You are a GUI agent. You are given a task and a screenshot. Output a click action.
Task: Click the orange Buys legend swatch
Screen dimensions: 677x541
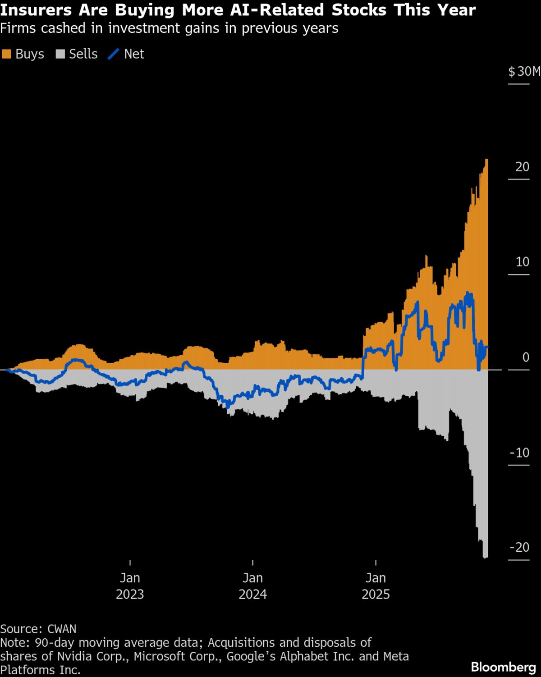pos(6,54)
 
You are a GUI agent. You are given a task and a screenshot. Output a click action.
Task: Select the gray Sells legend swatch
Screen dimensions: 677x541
pos(60,54)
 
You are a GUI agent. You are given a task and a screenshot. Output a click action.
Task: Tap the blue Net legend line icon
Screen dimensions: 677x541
pos(113,54)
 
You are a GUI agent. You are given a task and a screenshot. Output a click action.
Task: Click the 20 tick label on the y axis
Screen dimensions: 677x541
pos(522,167)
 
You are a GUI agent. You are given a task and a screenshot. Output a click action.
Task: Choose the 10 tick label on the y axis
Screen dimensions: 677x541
pos(522,262)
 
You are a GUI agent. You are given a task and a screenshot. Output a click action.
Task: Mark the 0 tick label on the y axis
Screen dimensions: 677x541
pos(526,357)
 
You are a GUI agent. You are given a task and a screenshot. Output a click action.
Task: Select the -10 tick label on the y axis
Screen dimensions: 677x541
pos(519,453)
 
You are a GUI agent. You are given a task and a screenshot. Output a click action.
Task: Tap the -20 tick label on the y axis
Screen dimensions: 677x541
pos(519,547)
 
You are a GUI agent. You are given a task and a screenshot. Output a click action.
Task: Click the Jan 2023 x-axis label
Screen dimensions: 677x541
pos(130,586)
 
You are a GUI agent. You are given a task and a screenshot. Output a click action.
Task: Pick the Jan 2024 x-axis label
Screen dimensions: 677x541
pos(252,586)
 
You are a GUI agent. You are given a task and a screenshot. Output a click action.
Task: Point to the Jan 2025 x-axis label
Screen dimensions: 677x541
pos(376,586)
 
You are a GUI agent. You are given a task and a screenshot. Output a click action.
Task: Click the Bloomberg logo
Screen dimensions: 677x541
pos(503,667)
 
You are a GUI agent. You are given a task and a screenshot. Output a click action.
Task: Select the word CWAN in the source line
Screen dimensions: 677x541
pos(62,629)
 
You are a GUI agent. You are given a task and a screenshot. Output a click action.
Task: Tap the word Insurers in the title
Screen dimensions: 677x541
pos(36,10)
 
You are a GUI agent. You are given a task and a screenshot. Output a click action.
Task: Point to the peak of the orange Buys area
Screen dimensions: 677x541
pos(486,160)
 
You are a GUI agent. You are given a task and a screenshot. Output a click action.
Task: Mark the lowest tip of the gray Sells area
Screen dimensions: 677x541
pos(486,558)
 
